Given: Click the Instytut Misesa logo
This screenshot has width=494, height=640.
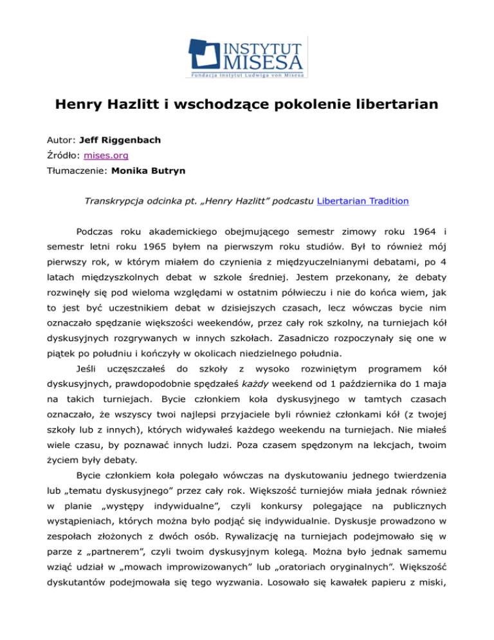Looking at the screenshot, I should coord(247,57).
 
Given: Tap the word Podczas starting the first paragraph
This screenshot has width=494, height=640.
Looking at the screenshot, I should coord(96,231).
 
